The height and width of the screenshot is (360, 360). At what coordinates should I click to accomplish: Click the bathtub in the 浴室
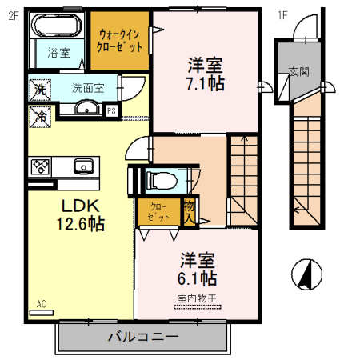coord(53,28)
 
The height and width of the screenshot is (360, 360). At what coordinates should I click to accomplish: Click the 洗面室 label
coord(87,88)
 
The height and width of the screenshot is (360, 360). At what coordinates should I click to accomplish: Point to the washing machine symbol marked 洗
coord(39,90)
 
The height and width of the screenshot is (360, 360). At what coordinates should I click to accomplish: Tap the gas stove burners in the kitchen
coord(41,166)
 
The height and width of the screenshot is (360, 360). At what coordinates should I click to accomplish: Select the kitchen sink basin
coord(82,166)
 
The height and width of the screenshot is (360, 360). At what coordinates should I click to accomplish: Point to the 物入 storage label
coord(189,212)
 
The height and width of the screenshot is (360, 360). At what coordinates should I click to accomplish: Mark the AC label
coord(42,303)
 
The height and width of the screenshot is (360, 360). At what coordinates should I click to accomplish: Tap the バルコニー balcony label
coord(144,337)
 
